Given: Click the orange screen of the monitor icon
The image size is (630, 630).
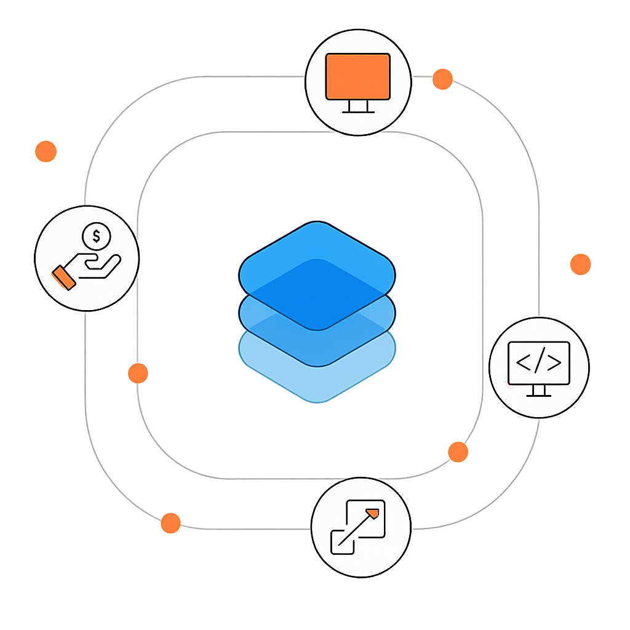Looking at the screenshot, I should pos(358,76).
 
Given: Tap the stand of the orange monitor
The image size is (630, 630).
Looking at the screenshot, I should pos(358,108).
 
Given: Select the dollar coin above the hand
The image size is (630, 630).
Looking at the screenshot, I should pos(95,235).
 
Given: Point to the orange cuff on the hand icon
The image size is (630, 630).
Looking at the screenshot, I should pos(64,277).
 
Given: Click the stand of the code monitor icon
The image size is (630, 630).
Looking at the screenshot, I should pos(539,391).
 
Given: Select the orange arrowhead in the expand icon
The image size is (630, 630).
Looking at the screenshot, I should pos(372,512).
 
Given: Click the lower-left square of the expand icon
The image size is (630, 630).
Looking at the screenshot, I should pos(342,540).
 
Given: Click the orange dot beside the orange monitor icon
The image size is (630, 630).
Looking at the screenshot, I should pos(442,79).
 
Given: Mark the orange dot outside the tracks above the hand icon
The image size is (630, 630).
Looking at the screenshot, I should pos(46,151).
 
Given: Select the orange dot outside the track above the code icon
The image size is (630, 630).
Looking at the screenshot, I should pos(580,264).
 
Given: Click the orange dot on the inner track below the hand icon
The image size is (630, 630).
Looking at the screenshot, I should pos(138,373).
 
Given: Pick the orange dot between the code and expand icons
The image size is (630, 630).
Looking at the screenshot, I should pos(458,452).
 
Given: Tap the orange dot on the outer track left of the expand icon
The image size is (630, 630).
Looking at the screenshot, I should pos(170,523).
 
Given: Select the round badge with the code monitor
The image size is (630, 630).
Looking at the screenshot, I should pos(539,368).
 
